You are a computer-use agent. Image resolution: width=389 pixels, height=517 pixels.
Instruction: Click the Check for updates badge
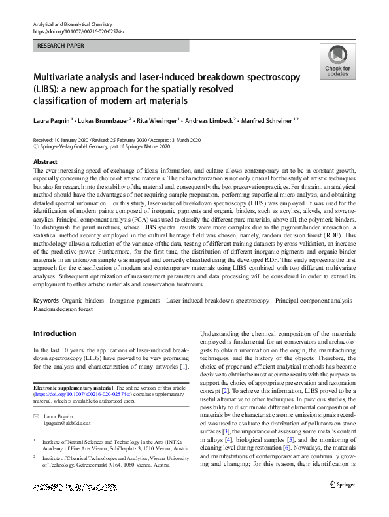(337, 62)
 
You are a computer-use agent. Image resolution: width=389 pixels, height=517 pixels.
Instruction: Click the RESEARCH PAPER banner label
(62, 46)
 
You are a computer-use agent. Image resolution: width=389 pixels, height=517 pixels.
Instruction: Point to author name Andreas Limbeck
(208, 120)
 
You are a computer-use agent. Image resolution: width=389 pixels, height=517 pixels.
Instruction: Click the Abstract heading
(45, 161)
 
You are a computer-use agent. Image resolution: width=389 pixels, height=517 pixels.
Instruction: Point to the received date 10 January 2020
(74, 141)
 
